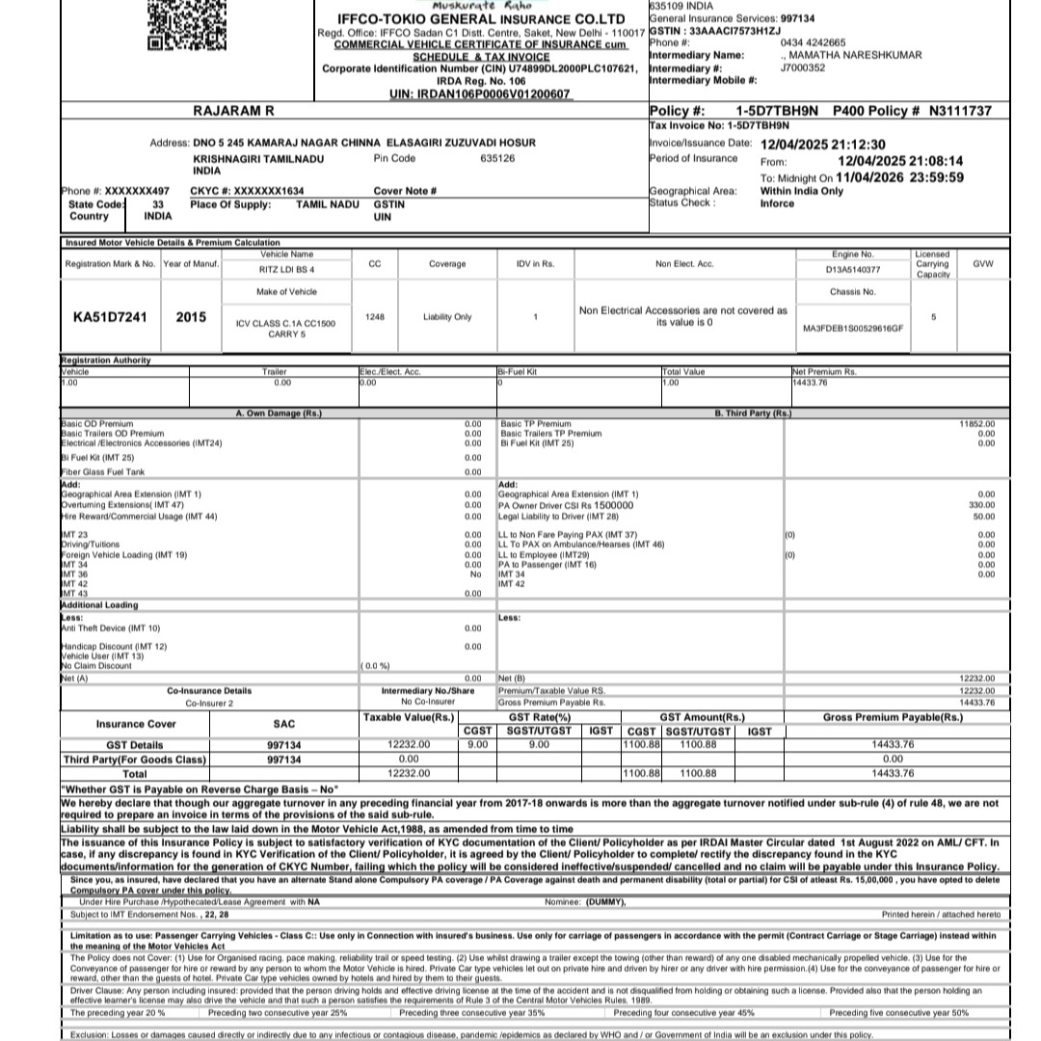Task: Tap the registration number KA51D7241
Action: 111,316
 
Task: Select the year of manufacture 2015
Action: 191,316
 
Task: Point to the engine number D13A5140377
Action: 854,270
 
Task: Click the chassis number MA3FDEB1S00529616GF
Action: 853,329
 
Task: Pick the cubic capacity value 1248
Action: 374,316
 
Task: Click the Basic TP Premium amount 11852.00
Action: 976,423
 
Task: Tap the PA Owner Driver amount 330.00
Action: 981,504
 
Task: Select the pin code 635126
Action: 497,158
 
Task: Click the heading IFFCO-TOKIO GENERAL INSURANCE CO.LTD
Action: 481,19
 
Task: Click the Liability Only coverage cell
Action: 447,316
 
